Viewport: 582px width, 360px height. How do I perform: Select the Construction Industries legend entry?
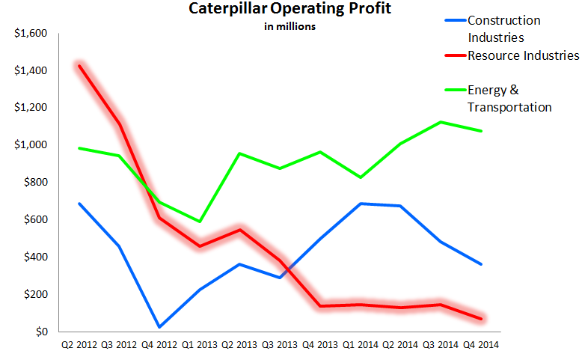[x=503, y=28]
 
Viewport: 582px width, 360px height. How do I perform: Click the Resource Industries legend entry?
[x=523, y=55]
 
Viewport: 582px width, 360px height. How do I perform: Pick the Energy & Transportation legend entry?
[x=509, y=98]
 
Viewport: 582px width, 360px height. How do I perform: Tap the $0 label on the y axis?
[x=42, y=332]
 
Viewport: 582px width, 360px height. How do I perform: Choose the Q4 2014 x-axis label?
[x=480, y=345]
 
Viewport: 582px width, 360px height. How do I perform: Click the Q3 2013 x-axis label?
[x=280, y=345]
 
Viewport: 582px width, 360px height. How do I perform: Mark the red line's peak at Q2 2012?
[x=80, y=66]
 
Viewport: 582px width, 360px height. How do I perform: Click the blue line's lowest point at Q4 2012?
[x=160, y=327]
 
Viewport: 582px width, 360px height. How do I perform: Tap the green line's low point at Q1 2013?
[x=200, y=222]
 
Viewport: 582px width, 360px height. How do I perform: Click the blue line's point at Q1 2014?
[x=360, y=204]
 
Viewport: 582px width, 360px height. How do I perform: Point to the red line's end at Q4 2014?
[x=480, y=319]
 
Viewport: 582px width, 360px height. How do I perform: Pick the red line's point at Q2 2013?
[x=240, y=230]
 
